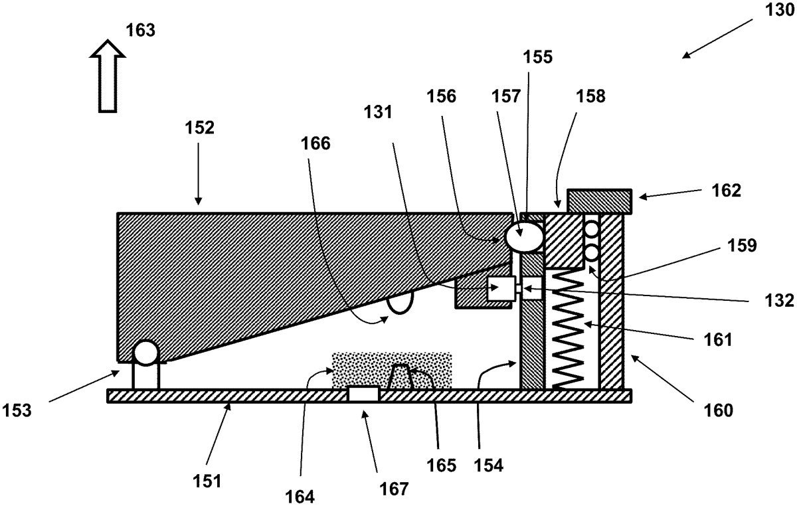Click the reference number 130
769,13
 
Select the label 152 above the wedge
199,128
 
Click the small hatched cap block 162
598,201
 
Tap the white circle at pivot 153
146,353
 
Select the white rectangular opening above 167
363,394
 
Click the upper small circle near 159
590,229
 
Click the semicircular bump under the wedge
399,302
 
